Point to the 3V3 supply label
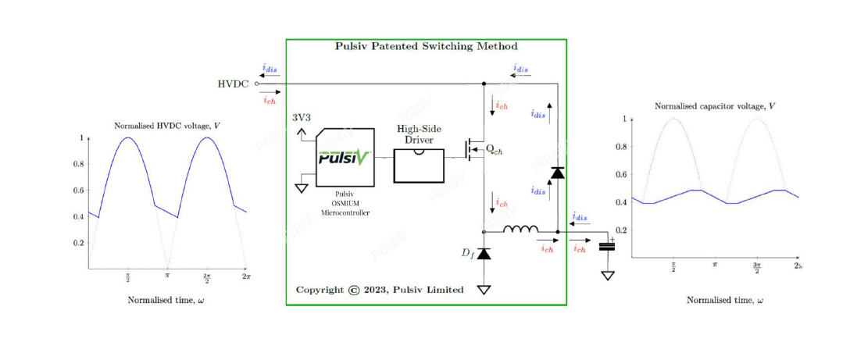301,118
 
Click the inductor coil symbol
520,230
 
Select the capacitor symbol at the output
606,247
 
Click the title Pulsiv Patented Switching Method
426,47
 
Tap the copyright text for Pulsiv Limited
380,290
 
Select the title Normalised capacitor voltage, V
714,105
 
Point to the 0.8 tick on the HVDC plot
78,164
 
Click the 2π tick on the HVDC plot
246,276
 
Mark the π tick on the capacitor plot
714,266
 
